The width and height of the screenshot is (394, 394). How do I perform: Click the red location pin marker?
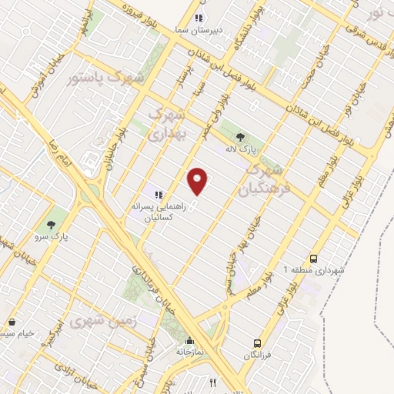(198, 181)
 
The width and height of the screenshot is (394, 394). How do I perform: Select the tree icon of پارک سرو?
(52, 225)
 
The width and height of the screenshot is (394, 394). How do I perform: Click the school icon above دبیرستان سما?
(199, 18)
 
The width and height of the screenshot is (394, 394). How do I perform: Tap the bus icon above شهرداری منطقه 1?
(313, 259)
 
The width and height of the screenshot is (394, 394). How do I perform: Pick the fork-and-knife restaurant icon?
(213, 382)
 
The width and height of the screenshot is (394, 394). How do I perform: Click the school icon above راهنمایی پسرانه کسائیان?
(157, 195)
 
